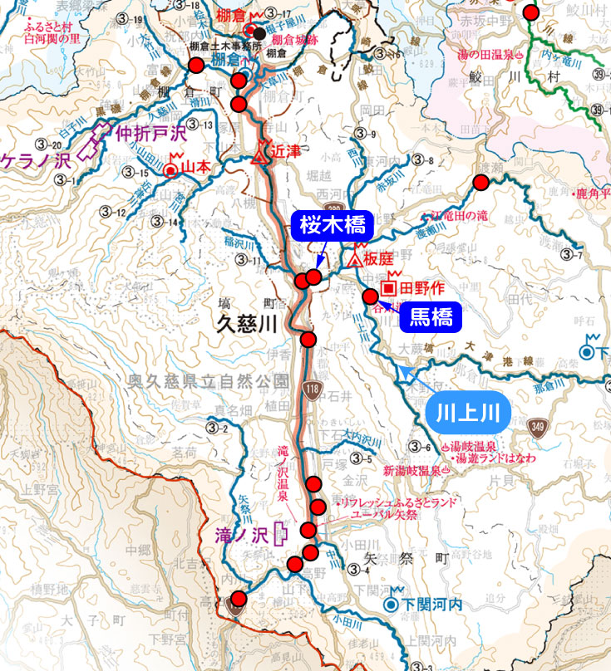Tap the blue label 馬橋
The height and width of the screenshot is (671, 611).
click(431, 316)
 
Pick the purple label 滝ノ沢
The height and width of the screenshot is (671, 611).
click(239, 533)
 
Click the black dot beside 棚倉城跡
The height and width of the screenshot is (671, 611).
click(260, 33)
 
